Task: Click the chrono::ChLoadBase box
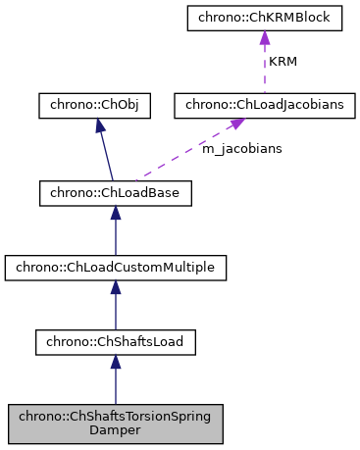point(115,193)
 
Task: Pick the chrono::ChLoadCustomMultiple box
point(115,267)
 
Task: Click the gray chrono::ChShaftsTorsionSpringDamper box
point(115,422)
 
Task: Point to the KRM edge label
point(283,62)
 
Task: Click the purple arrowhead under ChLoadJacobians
point(236,125)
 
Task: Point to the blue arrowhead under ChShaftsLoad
point(115,362)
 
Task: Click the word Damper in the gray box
point(115,429)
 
